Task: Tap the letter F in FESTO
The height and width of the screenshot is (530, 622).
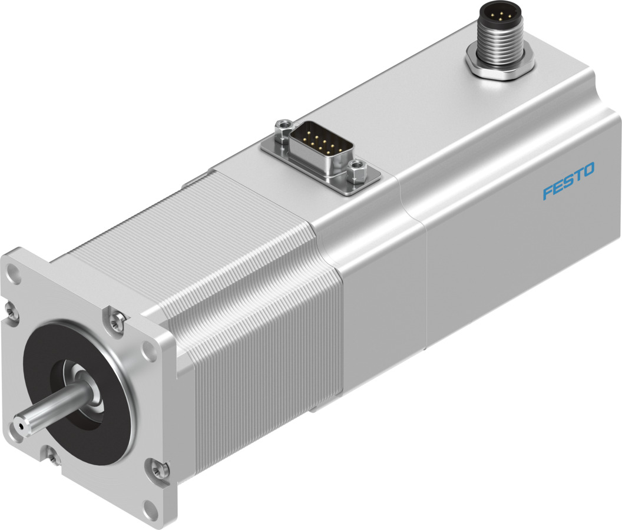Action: tap(547, 193)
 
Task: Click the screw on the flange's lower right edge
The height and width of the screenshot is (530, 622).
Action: tap(155, 469)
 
